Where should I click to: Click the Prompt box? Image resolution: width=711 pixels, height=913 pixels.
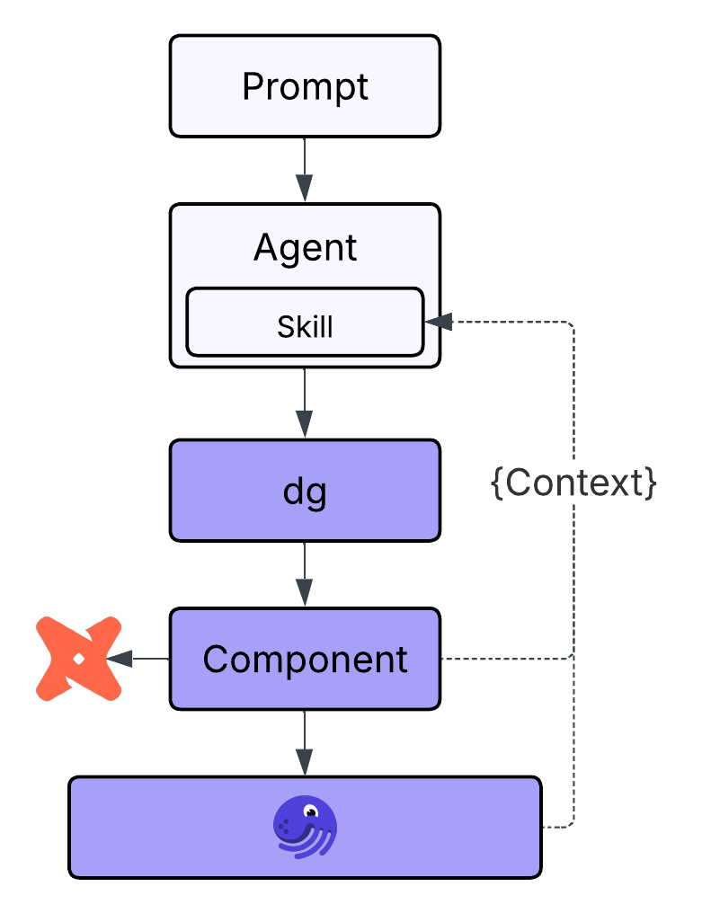[305, 86]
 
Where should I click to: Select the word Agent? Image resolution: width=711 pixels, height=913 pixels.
[305, 247]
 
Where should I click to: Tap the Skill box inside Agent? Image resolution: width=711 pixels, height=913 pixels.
[305, 325]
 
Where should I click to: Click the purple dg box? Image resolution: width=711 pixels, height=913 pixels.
[305, 491]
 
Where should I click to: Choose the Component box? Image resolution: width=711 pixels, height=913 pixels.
[305, 659]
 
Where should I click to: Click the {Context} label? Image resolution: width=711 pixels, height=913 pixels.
[573, 483]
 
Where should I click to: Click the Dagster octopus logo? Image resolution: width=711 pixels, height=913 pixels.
[304, 827]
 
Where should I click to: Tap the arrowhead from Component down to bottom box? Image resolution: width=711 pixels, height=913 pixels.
[305, 760]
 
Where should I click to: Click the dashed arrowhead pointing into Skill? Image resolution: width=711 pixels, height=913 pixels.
[440, 322]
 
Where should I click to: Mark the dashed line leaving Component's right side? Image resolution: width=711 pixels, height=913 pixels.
[503, 659]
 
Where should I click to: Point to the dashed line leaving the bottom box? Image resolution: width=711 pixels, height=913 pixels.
[557, 826]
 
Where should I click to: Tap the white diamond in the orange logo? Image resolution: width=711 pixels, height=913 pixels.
[79, 659]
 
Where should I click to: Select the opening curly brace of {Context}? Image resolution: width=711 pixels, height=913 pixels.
[495, 483]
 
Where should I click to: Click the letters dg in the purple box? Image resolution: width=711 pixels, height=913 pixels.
[305, 492]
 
